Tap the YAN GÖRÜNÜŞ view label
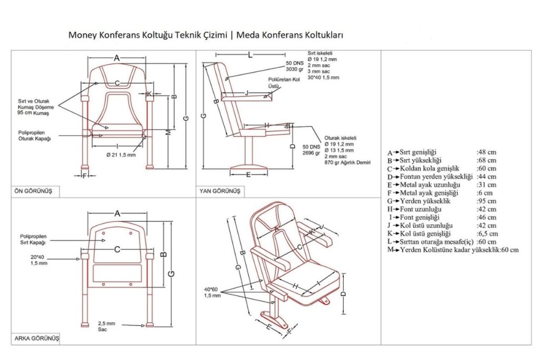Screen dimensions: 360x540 219,191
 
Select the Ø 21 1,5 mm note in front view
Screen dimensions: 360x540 121,155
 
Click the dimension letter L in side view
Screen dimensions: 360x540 250,54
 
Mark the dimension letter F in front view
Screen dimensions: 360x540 84,175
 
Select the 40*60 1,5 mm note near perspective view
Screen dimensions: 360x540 212,292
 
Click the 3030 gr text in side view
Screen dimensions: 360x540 294,69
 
